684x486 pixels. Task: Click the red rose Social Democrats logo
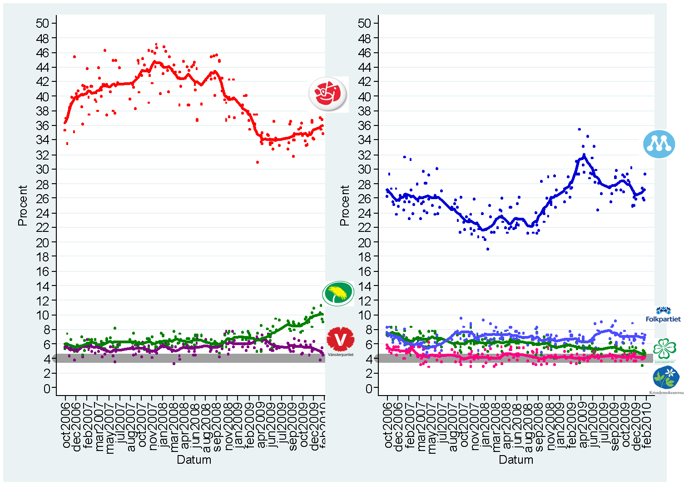[327, 94]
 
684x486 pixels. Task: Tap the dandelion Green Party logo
[338, 293]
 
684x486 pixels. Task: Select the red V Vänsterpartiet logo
[340, 340]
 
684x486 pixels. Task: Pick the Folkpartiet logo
[664, 315]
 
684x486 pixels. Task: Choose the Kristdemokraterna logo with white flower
[666, 379]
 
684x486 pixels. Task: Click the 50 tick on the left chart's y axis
[46, 23]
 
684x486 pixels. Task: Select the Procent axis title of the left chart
[23, 205]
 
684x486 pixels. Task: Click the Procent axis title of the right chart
[345, 205]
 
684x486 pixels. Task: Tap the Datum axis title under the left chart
[194, 460]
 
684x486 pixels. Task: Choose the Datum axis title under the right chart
[516, 460]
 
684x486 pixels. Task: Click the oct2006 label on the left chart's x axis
[66, 426]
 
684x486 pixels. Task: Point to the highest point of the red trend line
[155, 61]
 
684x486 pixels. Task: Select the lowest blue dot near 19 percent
[487, 249]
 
